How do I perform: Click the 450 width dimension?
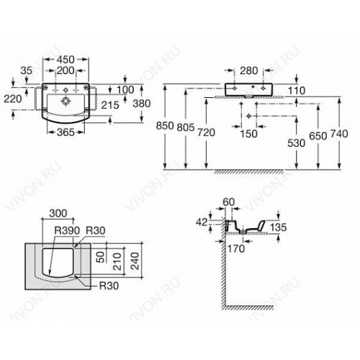tap(66, 60)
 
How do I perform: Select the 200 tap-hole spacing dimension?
tap(66, 71)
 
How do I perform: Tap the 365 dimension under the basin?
tap(66, 132)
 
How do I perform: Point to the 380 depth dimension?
tap(142, 104)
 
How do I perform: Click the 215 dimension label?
tap(110, 105)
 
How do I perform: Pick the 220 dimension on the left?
tap(13, 99)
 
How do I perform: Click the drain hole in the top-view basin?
tap(65, 102)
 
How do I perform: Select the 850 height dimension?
tap(165, 125)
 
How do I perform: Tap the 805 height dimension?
tap(186, 127)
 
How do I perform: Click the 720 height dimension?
tap(206, 132)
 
